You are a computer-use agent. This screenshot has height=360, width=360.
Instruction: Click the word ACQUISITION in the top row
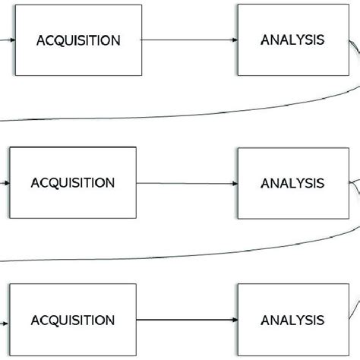pyautogui.click(x=78, y=40)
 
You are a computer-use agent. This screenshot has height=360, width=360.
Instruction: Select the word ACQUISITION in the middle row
pyautogui.click(x=73, y=183)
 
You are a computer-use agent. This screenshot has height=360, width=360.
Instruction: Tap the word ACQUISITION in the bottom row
pyautogui.click(x=73, y=320)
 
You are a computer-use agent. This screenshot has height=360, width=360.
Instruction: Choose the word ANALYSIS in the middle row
pyautogui.click(x=292, y=183)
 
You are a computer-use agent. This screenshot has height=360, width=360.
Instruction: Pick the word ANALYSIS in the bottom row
pyautogui.click(x=292, y=320)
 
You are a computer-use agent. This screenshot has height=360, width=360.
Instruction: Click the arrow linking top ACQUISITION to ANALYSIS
pyautogui.click(x=190, y=39)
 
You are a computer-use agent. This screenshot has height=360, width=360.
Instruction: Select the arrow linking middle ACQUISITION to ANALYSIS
pyautogui.click(x=186, y=183)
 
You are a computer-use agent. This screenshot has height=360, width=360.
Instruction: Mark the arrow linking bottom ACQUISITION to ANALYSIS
pyautogui.click(x=186, y=320)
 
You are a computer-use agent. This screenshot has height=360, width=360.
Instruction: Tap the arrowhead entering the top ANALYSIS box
pyautogui.click(x=234, y=39)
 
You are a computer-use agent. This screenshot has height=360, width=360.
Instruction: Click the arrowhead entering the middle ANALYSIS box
pyautogui.click(x=234, y=183)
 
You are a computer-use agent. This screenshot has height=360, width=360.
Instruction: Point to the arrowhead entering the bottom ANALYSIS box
pyautogui.click(x=234, y=320)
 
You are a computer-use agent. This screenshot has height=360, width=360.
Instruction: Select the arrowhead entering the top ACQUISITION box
pyautogui.click(x=12, y=39)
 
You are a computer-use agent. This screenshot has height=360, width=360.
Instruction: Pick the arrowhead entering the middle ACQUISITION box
pyautogui.click(x=6, y=183)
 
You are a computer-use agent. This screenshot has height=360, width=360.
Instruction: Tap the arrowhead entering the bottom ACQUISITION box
pyautogui.click(x=6, y=320)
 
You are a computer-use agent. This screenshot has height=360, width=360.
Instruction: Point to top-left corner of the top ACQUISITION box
pyautogui.click(x=16, y=5)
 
